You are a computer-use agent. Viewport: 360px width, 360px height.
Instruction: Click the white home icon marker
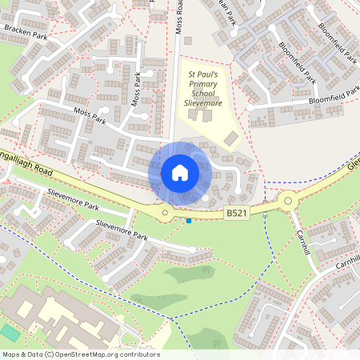(180, 172)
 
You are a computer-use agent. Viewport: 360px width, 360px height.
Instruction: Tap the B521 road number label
(237, 214)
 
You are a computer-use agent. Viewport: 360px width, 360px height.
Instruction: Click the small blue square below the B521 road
(189, 221)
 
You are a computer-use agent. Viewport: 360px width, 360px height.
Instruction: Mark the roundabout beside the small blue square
(166, 212)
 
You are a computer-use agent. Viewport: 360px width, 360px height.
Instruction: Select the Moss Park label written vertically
(138, 90)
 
